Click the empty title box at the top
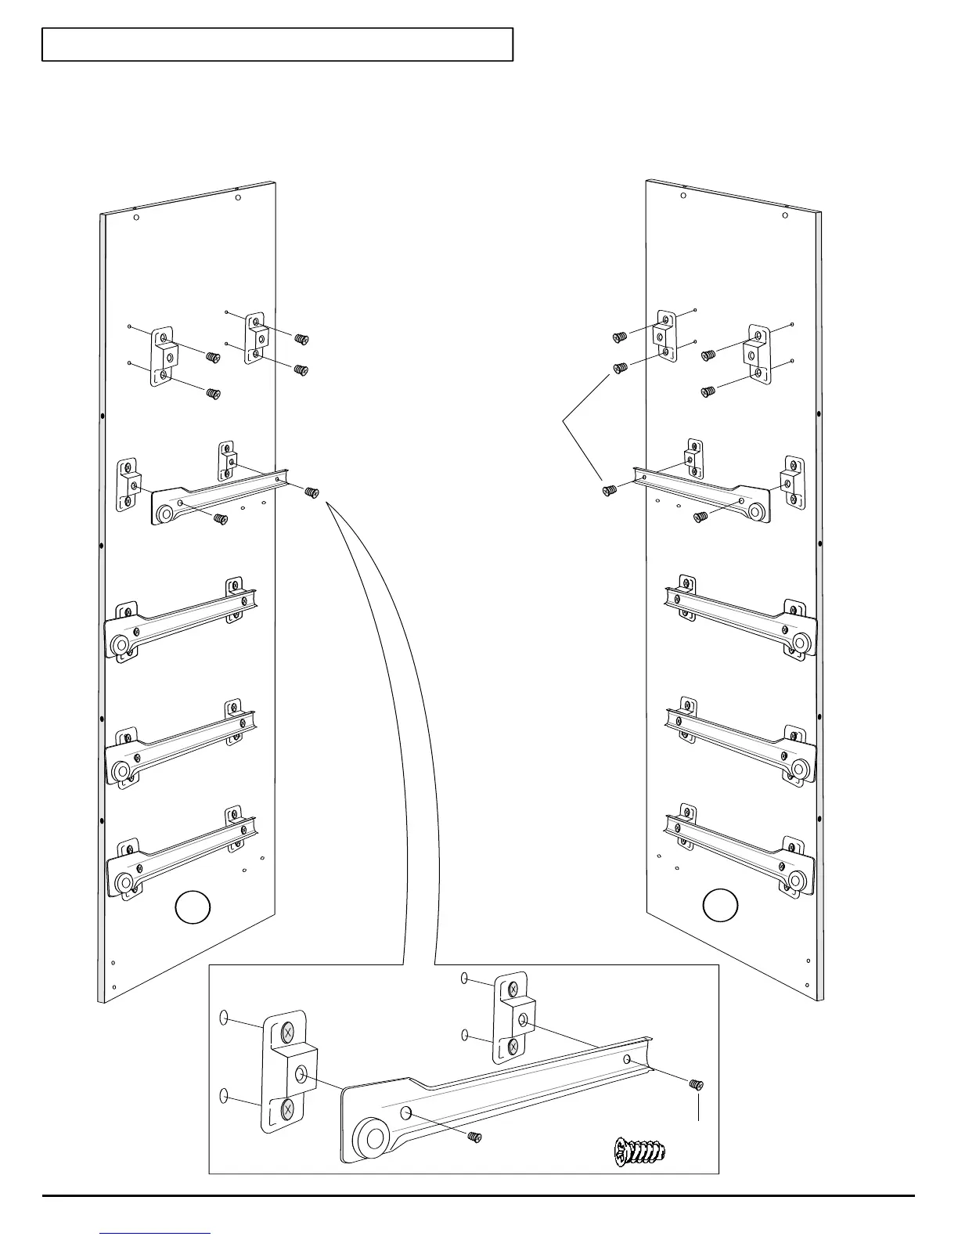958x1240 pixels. [277, 45]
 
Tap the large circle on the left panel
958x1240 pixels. [192, 908]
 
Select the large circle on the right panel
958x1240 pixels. [721, 905]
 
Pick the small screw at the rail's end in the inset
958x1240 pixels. [695, 1084]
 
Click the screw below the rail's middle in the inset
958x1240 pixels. [473, 1136]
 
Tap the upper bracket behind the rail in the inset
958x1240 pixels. [513, 1018]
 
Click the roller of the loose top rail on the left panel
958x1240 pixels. [165, 514]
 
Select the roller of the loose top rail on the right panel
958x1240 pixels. [755, 512]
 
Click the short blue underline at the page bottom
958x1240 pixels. [156, 1234]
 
